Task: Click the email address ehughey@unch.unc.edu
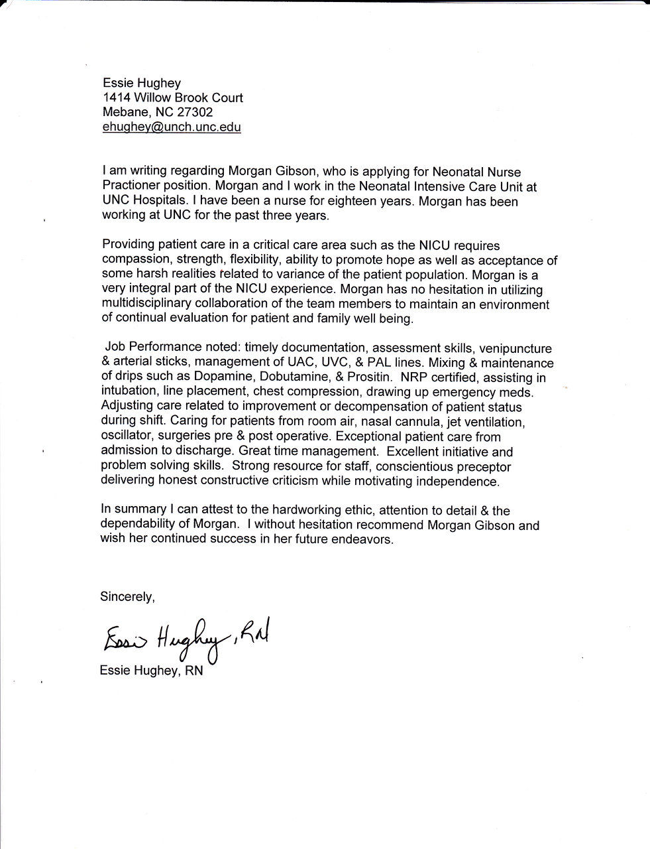coord(171,127)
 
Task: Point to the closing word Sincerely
coord(127,597)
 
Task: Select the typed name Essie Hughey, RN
coord(151,671)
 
